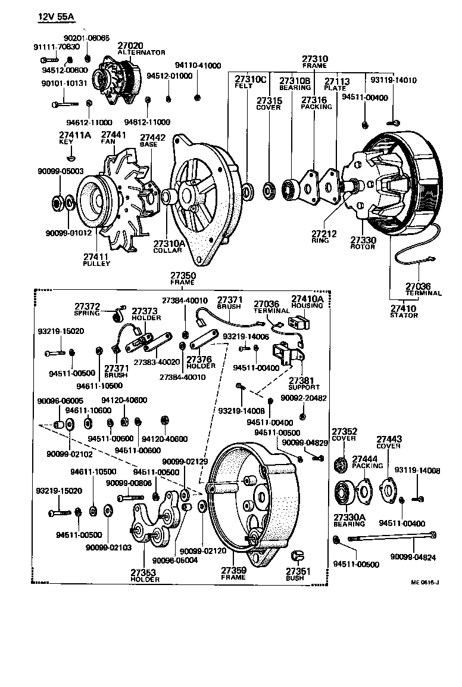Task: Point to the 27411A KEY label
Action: pos(74,138)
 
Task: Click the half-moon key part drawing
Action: pos(71,159)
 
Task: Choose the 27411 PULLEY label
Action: pos(96,259)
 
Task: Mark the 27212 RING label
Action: pos(324,237)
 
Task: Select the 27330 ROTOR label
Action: pos(363,243)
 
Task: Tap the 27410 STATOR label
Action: pos(404,311)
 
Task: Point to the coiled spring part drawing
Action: pos(120,308)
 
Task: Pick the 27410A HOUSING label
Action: pos(307,302)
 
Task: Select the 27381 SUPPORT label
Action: pos(304,383)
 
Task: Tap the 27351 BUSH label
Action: pos(295,574)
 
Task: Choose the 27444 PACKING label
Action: pos(367,462)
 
